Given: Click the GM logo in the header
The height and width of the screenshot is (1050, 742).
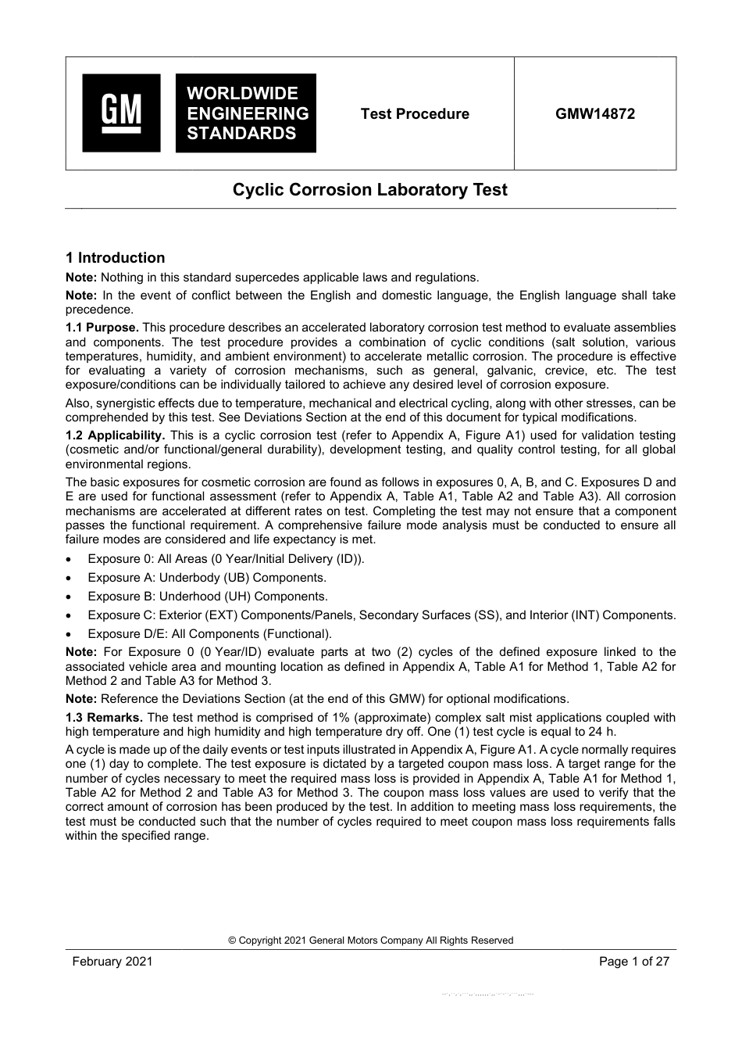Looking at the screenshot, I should (121, 113).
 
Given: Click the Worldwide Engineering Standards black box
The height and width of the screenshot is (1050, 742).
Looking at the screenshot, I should (246, 113).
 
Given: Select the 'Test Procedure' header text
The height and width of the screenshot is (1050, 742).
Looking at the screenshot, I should (415, 114).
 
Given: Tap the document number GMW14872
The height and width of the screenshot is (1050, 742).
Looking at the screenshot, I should (595, 114).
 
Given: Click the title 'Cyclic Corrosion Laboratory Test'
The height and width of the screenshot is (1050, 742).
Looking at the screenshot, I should (370, 190).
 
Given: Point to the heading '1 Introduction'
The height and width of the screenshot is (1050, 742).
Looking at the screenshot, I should (116, 258).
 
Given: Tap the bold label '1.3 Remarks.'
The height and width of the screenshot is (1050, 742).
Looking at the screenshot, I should (105, 718).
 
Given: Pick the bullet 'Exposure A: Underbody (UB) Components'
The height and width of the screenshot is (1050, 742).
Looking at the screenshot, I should (207, 578).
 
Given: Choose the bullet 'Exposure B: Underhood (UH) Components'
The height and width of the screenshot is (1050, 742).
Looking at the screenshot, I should (207, 597).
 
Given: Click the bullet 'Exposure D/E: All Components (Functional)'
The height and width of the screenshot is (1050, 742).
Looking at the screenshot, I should (209, 634).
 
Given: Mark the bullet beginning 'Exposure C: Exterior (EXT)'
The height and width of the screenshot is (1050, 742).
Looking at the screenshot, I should (381, 615).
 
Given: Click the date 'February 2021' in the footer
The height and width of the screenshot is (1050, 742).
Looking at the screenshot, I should (112, 962).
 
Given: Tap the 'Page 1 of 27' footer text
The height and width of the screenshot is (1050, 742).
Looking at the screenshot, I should (633, 962).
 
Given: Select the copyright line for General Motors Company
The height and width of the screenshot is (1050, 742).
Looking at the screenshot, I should (370, 941).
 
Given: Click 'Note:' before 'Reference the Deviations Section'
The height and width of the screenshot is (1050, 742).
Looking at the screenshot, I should (81, 699).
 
